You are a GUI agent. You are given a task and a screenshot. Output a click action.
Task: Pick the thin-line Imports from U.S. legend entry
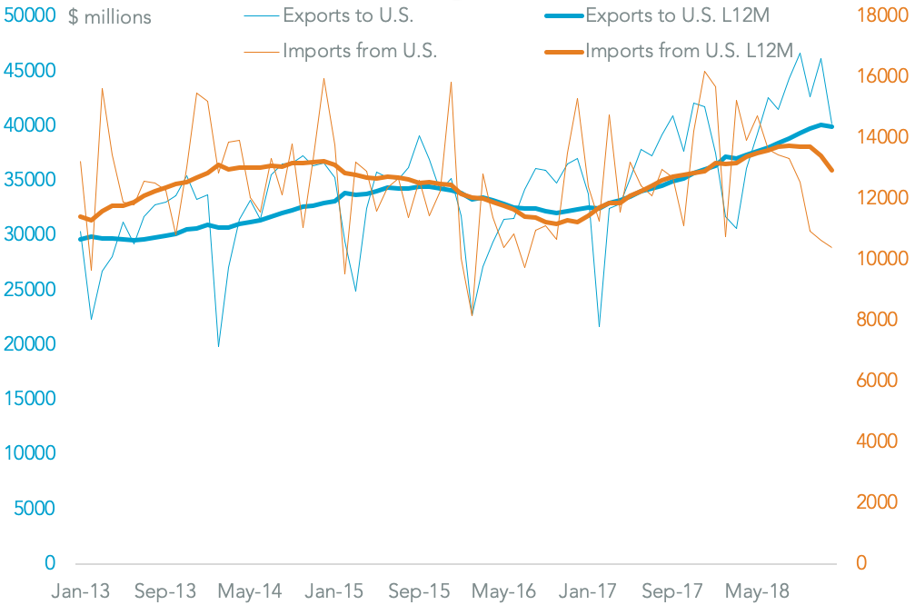[x=360, y=50]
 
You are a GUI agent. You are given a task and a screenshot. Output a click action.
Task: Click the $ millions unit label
[x=110, y=17]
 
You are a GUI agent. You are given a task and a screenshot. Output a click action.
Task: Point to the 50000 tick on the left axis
[x=32, y=16]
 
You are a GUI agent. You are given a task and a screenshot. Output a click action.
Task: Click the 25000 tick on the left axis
[x=32, y=290]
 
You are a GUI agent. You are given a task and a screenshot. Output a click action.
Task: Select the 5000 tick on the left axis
[x=36, y=509]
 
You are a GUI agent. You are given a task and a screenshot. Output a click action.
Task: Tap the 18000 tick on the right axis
[x=879, y=16]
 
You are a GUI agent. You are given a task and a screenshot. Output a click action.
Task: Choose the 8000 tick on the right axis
[x=874, y=320]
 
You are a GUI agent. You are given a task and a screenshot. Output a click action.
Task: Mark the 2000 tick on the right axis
[x=874, y=502]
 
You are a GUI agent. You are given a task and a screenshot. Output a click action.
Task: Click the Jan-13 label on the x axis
[x=81, y=591]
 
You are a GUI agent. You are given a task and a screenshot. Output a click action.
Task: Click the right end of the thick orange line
[x=831, y=171]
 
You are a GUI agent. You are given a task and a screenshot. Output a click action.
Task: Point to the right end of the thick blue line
[x=831, y=126]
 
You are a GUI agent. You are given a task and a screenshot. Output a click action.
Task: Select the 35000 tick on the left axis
[x=32, y=180]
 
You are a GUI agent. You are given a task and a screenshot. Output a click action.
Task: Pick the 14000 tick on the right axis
[x=879, y=137]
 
